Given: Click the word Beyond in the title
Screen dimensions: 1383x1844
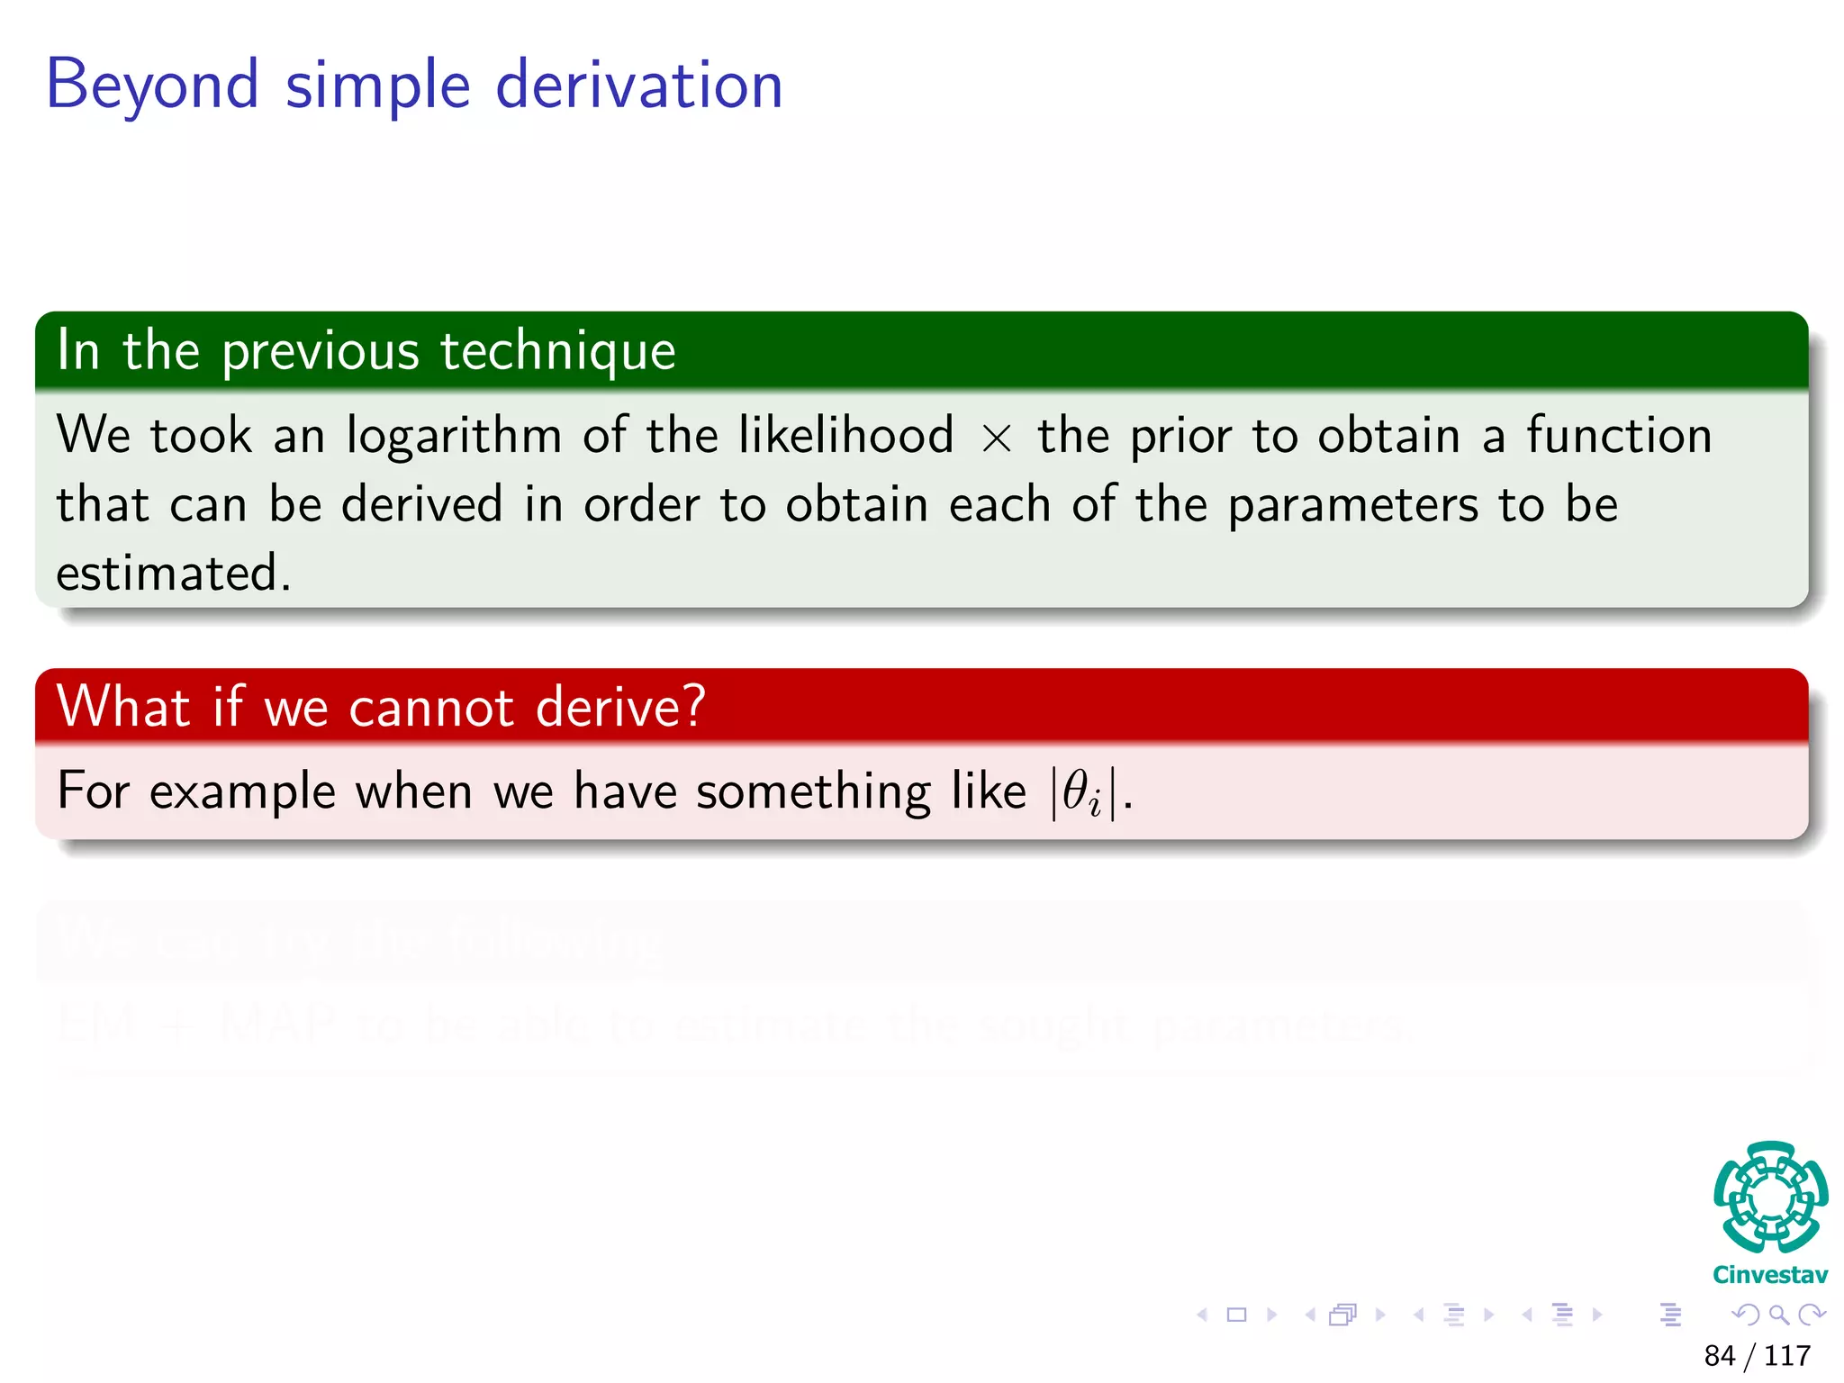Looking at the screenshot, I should [151, 86].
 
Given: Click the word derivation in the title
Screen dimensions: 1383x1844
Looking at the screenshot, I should [639, 86].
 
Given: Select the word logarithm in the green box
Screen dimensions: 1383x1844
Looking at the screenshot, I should [454, 437].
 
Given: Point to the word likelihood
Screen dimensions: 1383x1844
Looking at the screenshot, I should [845, 435].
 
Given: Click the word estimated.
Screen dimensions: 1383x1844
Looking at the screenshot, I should [173, 574].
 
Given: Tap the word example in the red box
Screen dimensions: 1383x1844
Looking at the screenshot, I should [242, 792].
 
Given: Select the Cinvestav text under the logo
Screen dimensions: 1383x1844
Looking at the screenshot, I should [1769, 1275].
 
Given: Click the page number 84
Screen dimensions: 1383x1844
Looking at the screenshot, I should [1719, 1356].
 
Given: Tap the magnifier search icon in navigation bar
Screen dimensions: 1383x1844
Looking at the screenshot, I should [1778, 1315].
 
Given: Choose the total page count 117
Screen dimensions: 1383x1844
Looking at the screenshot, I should [1787, 1356].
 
